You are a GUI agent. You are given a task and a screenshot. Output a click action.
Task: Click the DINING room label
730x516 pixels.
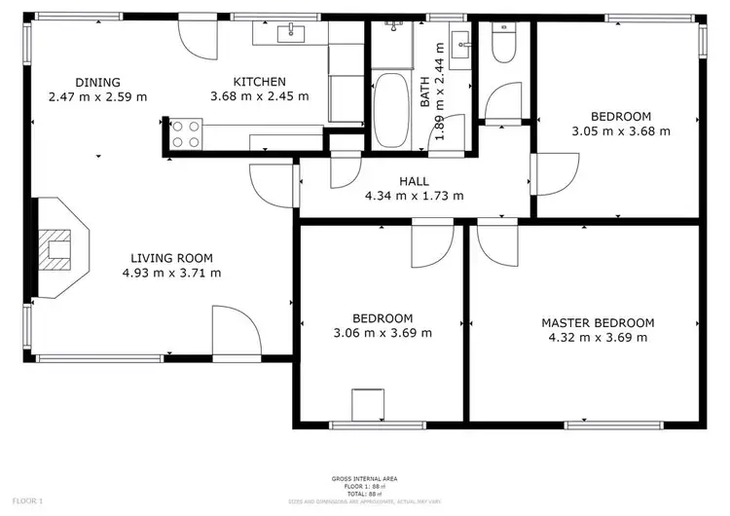click(x=97, y=82)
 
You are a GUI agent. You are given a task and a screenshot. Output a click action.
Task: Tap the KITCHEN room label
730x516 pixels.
click(x=259, y=82)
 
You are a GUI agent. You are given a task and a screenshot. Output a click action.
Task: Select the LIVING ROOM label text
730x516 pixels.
click(x=171, y=258)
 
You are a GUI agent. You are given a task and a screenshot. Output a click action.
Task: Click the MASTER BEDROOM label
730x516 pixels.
click(x=598, y=322)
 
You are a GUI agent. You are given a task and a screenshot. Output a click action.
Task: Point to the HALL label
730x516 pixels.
click(x=414, y=181)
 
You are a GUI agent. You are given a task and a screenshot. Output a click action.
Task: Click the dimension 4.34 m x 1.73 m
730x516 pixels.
click(x=414, y=195)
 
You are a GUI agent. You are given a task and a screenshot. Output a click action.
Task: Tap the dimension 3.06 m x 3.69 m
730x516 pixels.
click(x=383, y=333)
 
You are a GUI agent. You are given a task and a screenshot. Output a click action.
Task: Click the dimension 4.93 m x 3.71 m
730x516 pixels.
click(x=171, y=273)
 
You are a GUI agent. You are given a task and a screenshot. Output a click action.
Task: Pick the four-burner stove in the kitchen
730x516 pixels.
click(x=187, y=133)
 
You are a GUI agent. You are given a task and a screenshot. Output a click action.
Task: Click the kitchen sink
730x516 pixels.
click(x=291, y=34)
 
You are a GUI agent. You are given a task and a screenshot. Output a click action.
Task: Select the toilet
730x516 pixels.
click(x=504, y=43)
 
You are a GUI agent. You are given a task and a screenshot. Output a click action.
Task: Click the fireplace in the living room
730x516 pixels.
click(x=60, y=247)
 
